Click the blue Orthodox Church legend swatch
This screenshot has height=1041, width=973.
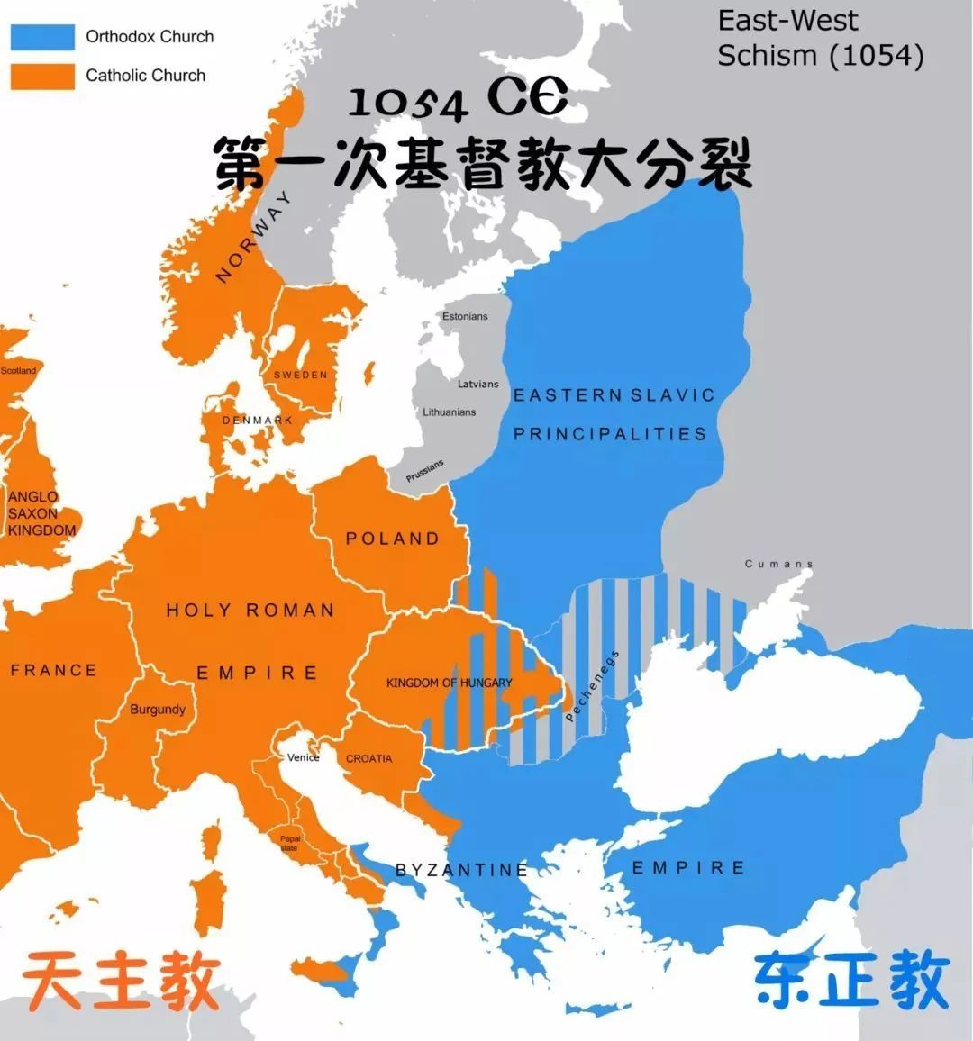click(x=42, y=37)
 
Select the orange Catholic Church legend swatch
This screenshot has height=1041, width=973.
click(x=42, y=76)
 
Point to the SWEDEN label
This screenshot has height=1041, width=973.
click(x=301, y=375)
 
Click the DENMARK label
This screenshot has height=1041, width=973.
click(x=258, y=421)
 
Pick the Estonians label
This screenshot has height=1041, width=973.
click(x=465, y=316)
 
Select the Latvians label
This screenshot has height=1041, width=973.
click(x=477, y=384)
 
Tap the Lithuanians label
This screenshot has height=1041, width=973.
click(x=450, y=412)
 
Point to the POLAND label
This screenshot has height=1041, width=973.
click(x=393, y=539)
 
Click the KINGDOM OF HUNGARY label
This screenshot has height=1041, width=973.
click(x=449, y=683)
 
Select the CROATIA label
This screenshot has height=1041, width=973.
click(x=369, y=759)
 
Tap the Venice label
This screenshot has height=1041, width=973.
click(x=304, y=757)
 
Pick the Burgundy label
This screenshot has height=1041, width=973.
click(x=158, y=710)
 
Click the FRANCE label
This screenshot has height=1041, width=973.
click(x=53, y=670)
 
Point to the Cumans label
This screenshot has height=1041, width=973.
click(x=779, y=564)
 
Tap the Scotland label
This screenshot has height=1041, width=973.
click(x=18, y=370)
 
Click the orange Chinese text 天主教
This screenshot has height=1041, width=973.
click(x=122, y=982)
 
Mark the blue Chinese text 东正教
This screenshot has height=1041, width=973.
click(x=851, y=981)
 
